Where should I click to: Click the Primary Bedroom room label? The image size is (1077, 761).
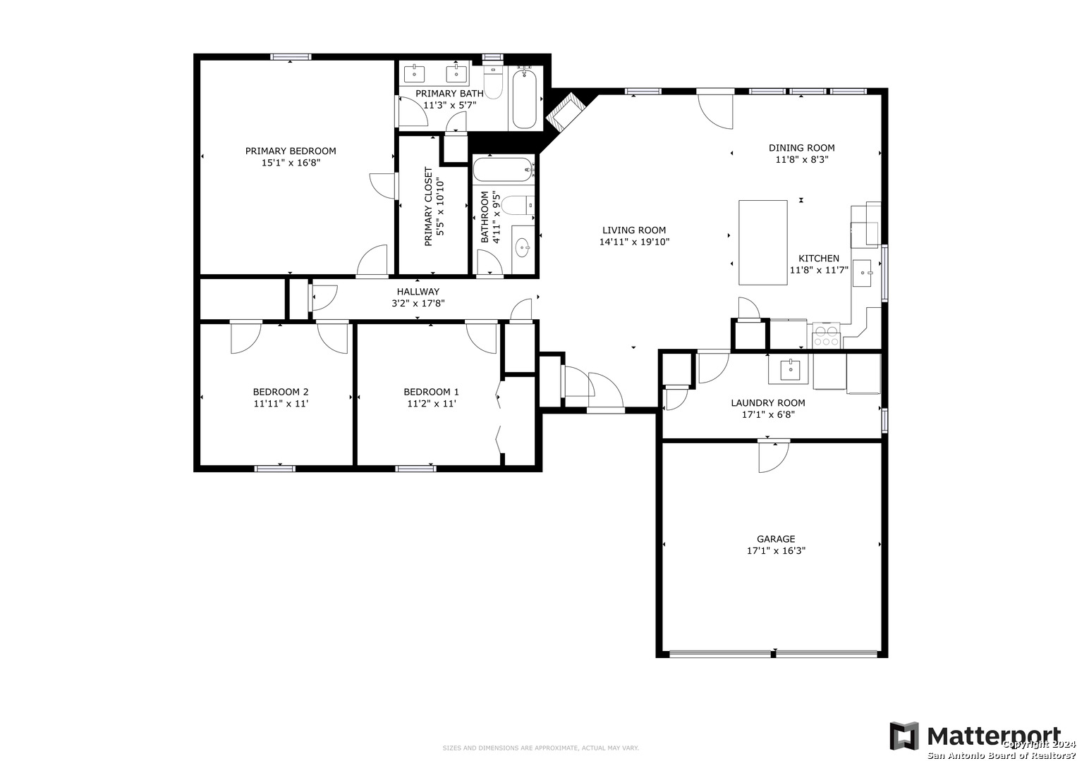[x=291, y=151]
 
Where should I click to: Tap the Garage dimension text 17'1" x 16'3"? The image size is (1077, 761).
[x=776, y=550]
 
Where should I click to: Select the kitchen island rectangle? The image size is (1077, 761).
[x=762, y=242]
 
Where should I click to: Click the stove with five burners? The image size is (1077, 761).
[x=826, y=335]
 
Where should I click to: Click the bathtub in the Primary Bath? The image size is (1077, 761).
[x=524, y=99]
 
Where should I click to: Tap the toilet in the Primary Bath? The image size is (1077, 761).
[x=493, y=82]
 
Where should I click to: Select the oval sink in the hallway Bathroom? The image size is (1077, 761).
[x=523, y=248]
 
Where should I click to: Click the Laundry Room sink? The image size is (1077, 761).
[x=788, y=369]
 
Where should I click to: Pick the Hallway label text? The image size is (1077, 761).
[x=418, y=292]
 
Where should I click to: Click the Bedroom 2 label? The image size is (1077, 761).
[x=281, y=392]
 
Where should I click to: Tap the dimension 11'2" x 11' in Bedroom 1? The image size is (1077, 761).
[x=431, y=404]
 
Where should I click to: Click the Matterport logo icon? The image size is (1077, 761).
[x=904, y=736]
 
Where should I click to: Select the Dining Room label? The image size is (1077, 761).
[x=801, y=148]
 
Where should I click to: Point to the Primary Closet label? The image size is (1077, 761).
[x=428, y=206]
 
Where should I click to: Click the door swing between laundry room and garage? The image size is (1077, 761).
[x=774, y=457]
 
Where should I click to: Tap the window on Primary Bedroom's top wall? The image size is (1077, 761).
[x=291, y=57]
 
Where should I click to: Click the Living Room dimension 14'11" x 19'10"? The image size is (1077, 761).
[x=634, y=242]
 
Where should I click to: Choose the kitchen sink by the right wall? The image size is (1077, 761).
[x=862, y=273]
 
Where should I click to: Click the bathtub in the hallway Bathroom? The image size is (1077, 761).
[x=503, y=170]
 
